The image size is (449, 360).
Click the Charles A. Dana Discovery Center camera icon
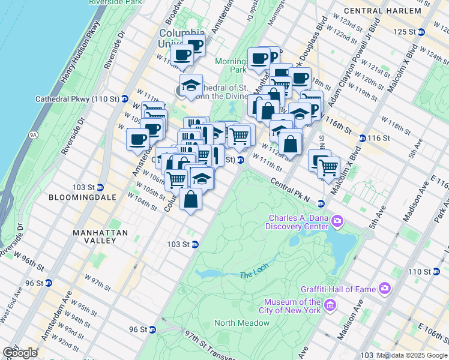(x=337, y=222)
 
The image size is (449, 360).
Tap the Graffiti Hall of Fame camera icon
(x=385, y=289)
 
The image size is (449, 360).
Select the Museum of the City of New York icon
(x=329, y=307)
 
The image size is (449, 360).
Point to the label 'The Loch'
(x=252, y=274)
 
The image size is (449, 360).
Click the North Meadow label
(x=242, y=323)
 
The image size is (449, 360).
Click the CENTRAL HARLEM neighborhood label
(x=400, y=10)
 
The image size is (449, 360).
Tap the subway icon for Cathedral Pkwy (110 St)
(x=125, y=98)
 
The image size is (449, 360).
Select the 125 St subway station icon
(x=421, y=32)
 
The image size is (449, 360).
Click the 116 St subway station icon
(x=363, y=138)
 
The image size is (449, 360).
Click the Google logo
(x=20, y=352)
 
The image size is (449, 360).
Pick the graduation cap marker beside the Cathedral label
(x=191, y=85)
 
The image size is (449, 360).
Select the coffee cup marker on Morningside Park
(x=259, y=59)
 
